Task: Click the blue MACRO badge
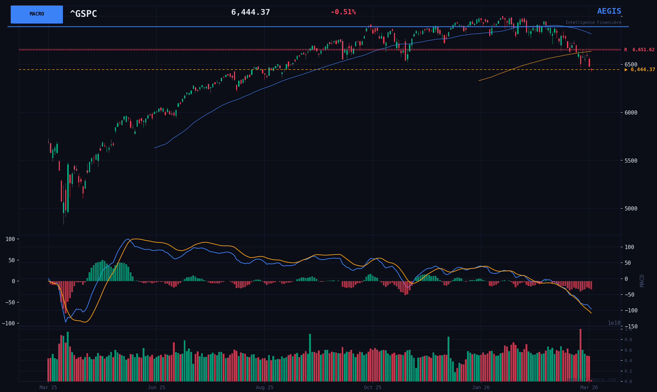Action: coord(37,14)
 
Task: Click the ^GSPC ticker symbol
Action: coord(83,14)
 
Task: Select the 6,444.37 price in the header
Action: coord(250,12)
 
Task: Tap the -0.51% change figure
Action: coord(343,12)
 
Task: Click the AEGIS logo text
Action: coord(609,11)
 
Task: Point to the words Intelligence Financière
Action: coord(593,22)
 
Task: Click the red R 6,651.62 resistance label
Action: coord(639,50)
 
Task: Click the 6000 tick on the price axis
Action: coord(631,112)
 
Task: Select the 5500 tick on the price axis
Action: coord(631,161)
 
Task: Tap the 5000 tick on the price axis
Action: coord(631,208)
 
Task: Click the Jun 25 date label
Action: coord(156,388)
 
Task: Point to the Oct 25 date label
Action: coord(373,388)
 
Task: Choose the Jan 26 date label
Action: coord(481,388)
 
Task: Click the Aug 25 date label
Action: coord(264,388)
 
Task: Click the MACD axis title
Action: coord(642,281)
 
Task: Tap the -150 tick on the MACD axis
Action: coord(631,327)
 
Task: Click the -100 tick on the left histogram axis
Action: coord(9,323)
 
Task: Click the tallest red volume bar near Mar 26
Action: coord(580,355)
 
